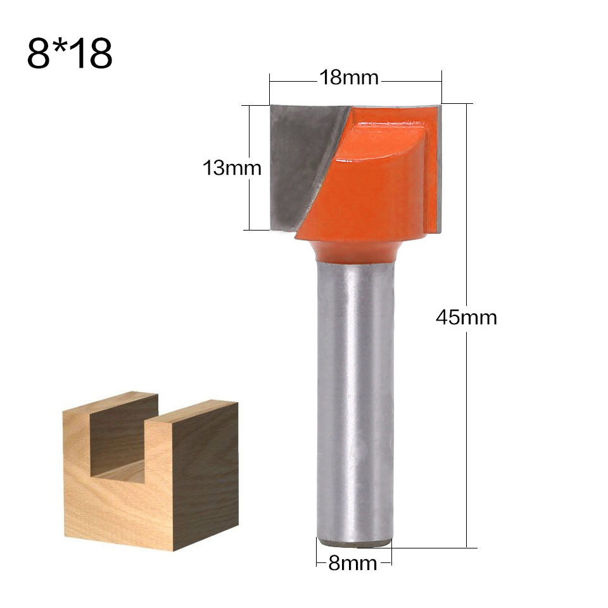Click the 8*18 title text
pyautogui.click(x=70, y=54)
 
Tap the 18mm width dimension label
pyautogui.click(x=348, y=78)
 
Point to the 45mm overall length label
pyautogui.click(x=466, y=317)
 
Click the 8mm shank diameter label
pyautogui.click(x=353, y=563)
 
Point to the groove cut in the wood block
pyautogui.click(x=127, y=443)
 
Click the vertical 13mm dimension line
pyautogui.click(x=250, y=203)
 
